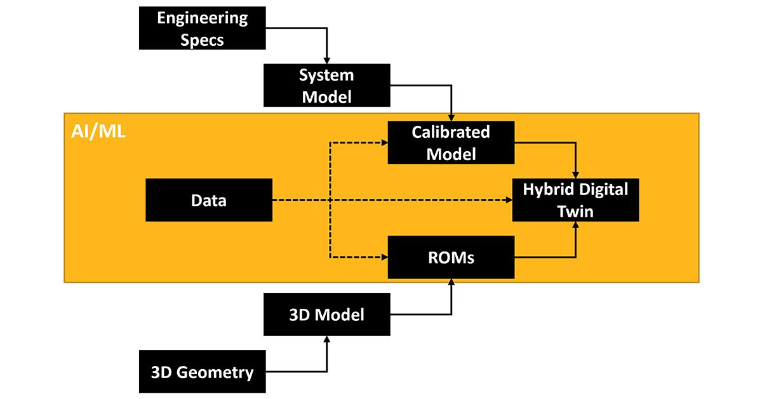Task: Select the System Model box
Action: pos(326,86)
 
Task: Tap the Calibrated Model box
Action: pos(451,143)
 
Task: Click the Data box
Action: pos(209,200)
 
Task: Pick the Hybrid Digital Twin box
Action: pos(575,200)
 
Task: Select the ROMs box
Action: pos(451,257)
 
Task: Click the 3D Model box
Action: pos(326,314)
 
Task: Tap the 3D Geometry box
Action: pos(203,372)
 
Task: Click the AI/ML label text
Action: pos(97,132)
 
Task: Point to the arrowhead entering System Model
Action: pos(326,61)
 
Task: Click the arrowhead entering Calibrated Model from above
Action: pos(451,118)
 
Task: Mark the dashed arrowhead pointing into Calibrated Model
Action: pos(384,143)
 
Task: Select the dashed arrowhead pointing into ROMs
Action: pos(384,257)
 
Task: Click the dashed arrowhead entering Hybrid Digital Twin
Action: pos(508,200)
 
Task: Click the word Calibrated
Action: pos(451,132)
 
